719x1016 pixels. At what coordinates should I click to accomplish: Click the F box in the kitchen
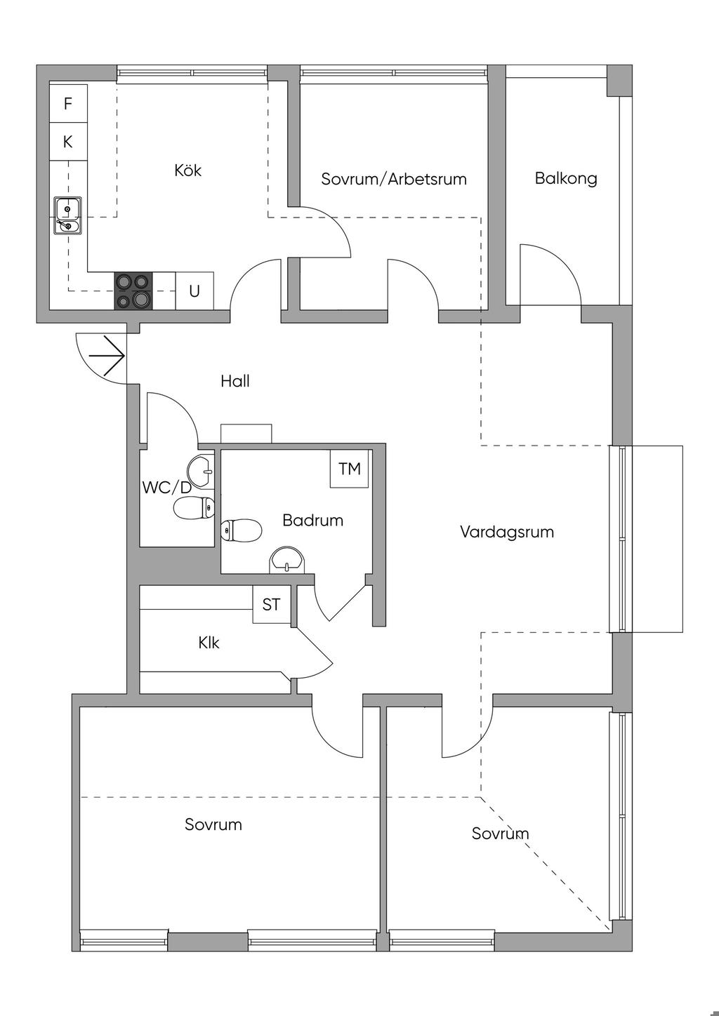coord(68,104)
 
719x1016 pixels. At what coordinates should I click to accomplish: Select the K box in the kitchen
coord(68,142)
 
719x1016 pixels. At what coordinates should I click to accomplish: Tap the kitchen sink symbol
coord(67,216)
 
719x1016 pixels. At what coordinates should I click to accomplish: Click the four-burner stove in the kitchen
coord(133,290)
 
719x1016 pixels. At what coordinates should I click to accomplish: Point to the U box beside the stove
coord(194,290)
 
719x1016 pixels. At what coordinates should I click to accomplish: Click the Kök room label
coord(188,171)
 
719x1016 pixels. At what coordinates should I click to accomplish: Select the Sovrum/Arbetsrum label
coord(394,179)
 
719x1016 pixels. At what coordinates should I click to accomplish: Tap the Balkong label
coord(566,178)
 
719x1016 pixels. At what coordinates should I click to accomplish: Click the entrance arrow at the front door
coord(107,356)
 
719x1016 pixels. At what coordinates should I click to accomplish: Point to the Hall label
coord(235,381)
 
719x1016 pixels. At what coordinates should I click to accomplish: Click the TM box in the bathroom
coord(350,469)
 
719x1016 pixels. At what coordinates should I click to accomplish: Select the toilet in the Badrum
coord(241,530)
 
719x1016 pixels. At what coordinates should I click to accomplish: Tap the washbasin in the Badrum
coord(287,559)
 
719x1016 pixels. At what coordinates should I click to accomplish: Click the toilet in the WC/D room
coord(194,508)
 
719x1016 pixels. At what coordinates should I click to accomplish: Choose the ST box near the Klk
coord(272,605)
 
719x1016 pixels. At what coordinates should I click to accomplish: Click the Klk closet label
coord(209,643)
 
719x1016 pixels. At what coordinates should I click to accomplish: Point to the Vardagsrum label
coord(507,532)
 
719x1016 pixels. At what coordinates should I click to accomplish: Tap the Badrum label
coord(312,521)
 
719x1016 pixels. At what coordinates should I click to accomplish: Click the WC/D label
coord(166,488)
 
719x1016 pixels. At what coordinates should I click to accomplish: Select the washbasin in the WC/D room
coord(202,469)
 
